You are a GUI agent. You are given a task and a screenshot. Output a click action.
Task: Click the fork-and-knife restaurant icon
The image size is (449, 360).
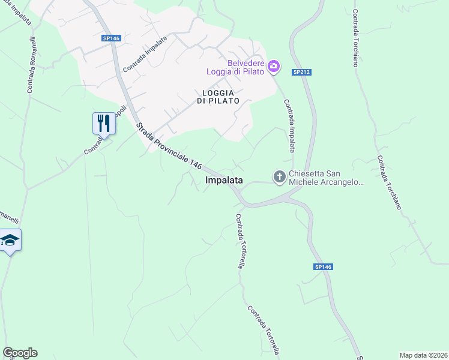click(103, 124)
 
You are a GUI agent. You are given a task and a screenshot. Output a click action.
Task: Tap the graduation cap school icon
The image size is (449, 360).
click(10, 240)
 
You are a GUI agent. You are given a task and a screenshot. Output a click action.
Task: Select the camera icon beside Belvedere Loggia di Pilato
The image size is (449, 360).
click(274, 66)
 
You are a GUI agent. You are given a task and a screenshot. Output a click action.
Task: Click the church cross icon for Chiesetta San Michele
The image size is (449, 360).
click(279, 177)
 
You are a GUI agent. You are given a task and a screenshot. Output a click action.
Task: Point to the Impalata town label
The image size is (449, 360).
click(224, 180)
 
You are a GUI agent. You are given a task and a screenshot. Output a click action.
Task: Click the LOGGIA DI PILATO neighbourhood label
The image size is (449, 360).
click(217, 97)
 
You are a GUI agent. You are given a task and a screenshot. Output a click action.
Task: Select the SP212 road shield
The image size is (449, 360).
click(301, 72)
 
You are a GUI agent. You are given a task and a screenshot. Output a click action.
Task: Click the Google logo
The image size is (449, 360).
click(20, 353)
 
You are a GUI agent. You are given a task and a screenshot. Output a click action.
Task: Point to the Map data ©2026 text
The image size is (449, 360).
click(423, 355)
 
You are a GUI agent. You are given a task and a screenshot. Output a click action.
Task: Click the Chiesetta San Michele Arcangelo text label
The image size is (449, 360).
click(327, 178)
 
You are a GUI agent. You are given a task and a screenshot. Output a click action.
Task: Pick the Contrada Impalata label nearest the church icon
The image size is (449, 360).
click(289, 128)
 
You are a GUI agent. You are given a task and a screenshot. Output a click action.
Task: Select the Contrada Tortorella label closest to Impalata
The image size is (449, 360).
click(239, 241)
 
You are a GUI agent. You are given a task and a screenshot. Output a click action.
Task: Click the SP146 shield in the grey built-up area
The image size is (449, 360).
click(111, 38)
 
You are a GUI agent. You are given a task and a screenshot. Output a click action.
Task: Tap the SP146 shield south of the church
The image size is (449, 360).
click(323, 267)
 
